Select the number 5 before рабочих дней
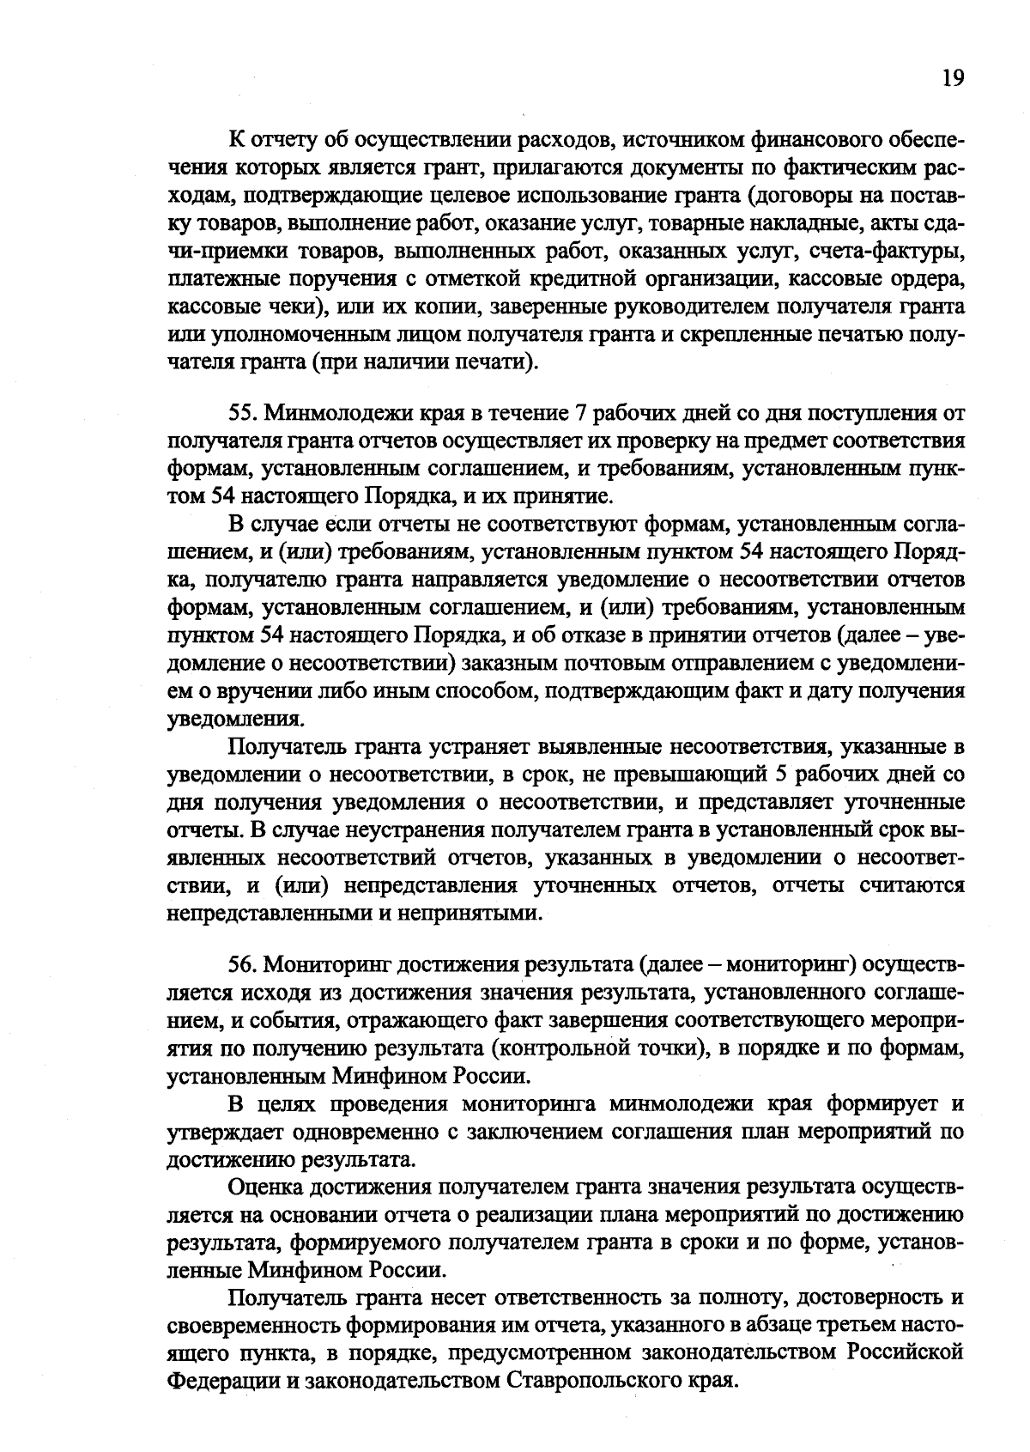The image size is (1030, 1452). click(x=780, y=775)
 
